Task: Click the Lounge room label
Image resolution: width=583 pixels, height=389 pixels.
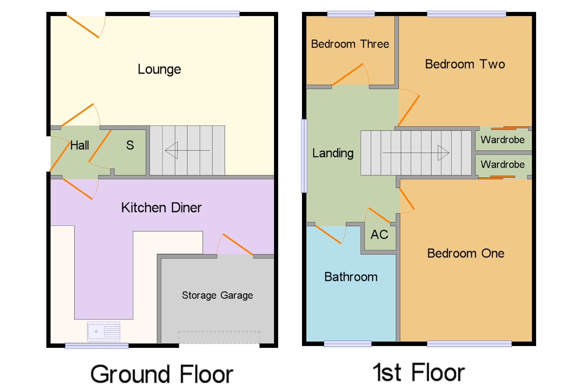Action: [159, 69]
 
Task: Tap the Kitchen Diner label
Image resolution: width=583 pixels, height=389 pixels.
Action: [161, 207]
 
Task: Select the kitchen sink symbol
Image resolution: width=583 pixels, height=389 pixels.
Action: [103, 332]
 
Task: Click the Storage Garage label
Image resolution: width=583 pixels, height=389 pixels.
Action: [217, 295]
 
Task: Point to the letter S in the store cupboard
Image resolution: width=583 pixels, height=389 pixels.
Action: [130, 145]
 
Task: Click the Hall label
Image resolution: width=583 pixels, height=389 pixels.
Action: [80, 145]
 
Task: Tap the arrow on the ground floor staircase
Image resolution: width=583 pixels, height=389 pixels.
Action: [187, 150]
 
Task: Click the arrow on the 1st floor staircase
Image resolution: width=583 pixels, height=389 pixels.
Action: [416, 153]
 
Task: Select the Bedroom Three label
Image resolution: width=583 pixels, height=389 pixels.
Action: [350, 44]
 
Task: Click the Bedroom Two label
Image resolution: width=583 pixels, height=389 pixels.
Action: [465, 64]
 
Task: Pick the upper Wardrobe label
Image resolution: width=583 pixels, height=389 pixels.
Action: [503, 140]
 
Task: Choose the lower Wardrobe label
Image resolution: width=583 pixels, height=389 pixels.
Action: [503, 165]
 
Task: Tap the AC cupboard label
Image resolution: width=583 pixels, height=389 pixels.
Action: [379, 235]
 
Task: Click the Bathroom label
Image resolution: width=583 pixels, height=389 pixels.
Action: [351, 277]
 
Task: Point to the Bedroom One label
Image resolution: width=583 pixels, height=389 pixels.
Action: [466, 253]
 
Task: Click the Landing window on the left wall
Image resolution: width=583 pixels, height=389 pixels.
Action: [304, 156]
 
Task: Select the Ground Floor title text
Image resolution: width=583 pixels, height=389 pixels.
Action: [162, 374]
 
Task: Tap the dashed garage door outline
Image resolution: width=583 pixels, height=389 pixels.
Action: [219, 337]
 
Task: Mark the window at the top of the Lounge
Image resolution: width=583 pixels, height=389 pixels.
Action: [195, 14]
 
